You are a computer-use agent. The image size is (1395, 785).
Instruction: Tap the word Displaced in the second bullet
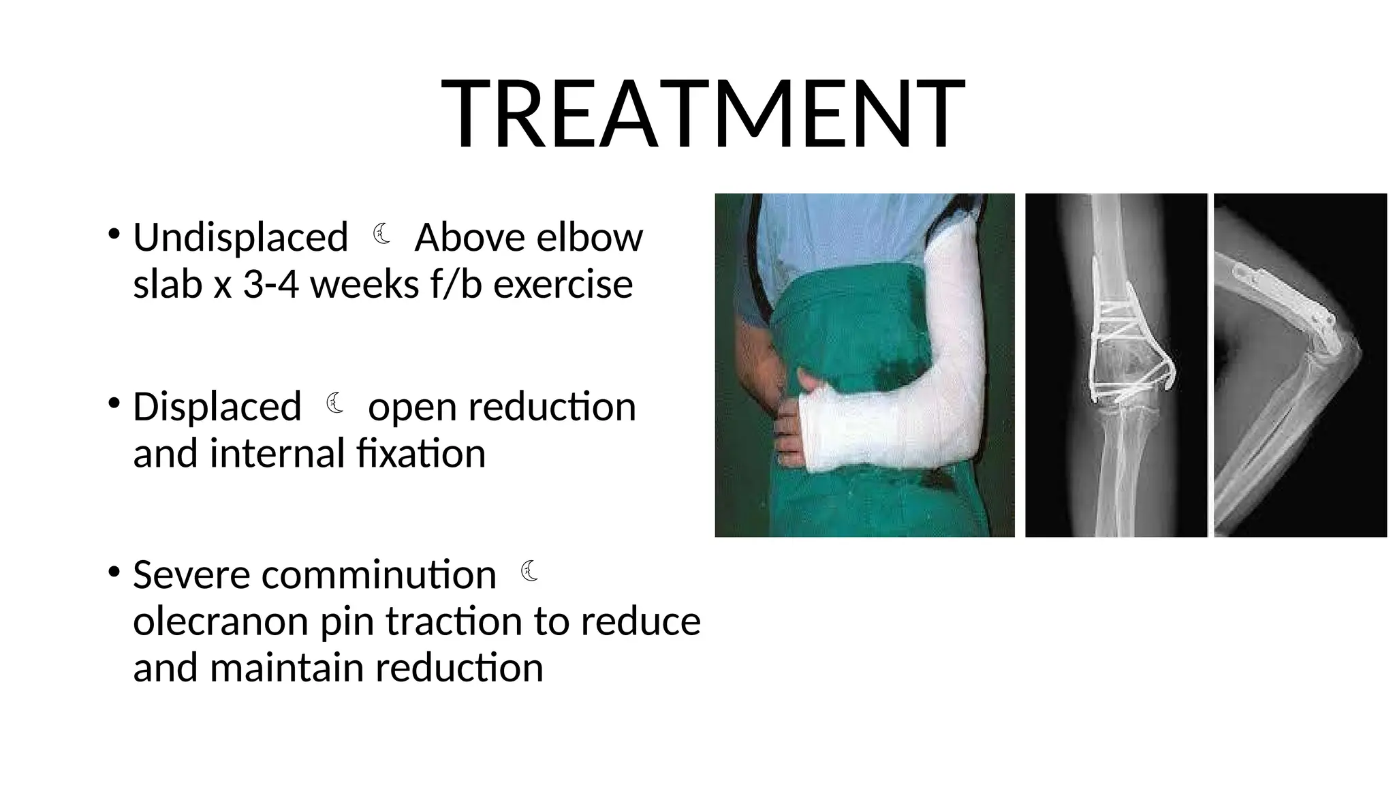(217, 407)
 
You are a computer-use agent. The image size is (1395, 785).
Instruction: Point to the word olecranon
(221, 621)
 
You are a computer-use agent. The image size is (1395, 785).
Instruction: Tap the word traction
(455, 621)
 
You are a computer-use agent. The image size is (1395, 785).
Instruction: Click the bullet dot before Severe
(113, 571)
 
